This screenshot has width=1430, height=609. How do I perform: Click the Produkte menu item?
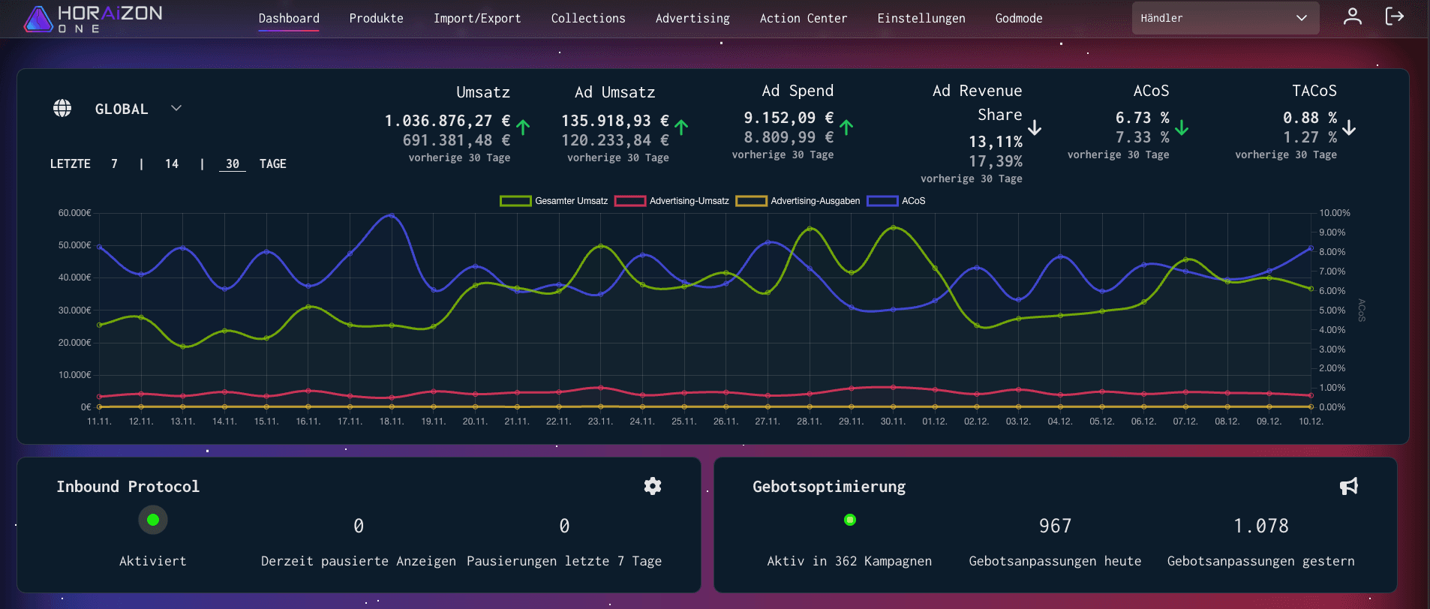tap(376, 18)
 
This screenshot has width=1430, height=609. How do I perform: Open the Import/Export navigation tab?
tap(476, 18)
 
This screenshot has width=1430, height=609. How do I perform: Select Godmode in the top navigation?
tap(1018, 18)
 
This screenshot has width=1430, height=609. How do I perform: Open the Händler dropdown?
tap(1224, 18)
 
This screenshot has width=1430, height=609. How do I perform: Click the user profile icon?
tap(1352, 16)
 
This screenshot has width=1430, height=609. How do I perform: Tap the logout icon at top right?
tap(1394, 16)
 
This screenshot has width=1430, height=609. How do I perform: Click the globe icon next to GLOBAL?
tap(62, 108)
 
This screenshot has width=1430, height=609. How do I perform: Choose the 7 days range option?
tap(114, 163)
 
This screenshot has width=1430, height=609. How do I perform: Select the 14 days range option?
tap(172, 163)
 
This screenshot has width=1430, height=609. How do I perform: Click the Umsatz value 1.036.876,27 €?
tap(447, 121)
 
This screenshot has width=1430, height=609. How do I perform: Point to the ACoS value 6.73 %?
tap(1142, 118)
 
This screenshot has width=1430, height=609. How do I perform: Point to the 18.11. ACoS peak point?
tap(391, 216)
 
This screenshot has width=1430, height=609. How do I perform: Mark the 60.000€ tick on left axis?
tap(75, 213)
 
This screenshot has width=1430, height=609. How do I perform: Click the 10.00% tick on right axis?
tap(1335, 213)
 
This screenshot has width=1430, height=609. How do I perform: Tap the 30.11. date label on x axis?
tap(893, 421)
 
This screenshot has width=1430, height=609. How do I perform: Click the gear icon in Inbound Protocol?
tap(653, 486)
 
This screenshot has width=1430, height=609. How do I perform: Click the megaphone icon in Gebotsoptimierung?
tap(1348, 486)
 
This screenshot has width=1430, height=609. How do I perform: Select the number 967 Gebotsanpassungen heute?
tap(1055, 526)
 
